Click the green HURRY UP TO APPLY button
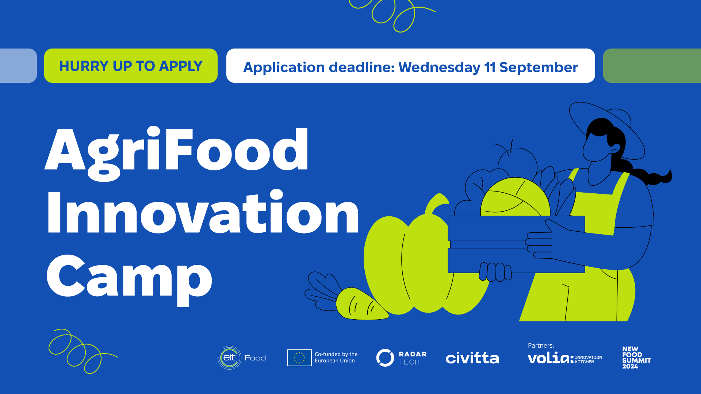coord(131,66)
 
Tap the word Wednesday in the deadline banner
coord(439,67)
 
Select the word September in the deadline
coord(539,68)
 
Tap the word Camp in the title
coord(129,279)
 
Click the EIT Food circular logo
coord(230,358)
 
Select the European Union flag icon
coord(299,358)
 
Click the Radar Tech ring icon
coord(385,358)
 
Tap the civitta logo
coord(472,358)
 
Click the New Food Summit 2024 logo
coord(636,358)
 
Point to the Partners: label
coord(541,345)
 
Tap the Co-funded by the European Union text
coord(336,358)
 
